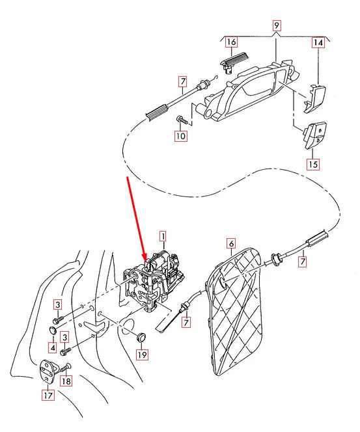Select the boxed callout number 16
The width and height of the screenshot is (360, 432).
231,43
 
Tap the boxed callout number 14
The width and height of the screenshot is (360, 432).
318,44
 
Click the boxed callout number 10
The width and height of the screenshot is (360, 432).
180,137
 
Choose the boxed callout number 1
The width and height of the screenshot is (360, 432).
163,237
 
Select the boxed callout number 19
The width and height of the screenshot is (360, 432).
142,355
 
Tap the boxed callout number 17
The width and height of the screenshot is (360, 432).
48,394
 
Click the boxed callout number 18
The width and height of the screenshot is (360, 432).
66,382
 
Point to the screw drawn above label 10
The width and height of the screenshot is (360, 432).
182,120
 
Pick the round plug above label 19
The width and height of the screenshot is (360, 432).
139,336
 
